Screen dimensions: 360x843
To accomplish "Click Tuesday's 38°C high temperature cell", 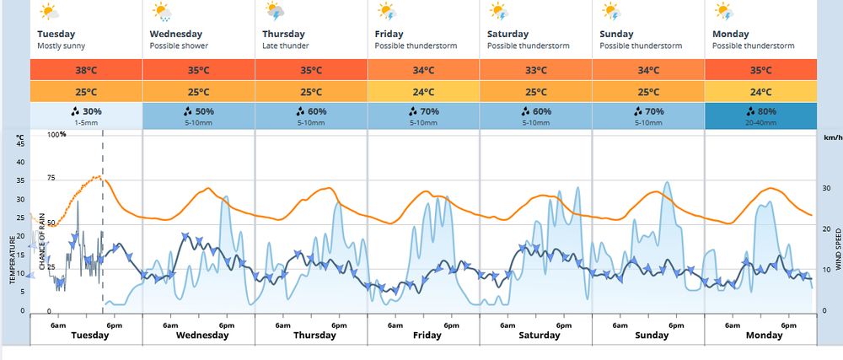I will (x=86, y=70).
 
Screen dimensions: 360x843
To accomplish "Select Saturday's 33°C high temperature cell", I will (x=535, y=70).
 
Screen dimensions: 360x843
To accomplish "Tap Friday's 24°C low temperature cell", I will (x=423, y=92).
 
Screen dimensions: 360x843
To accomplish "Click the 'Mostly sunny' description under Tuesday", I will (x=62, y=45).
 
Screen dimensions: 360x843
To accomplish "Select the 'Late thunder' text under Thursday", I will (x=285, y=45).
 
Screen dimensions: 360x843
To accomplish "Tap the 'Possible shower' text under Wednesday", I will (x=179, y=45).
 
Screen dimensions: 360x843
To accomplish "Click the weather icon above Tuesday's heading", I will (x=48, y=12).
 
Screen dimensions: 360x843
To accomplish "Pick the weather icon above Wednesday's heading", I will (x=160, y=12).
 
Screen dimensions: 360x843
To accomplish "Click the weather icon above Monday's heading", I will (x=722, y=12).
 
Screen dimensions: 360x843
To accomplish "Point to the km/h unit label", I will (x=831, y=136).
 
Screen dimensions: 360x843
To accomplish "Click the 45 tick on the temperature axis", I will (x=20, y=143).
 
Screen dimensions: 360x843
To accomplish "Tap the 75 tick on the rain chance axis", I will (x=51, y=178).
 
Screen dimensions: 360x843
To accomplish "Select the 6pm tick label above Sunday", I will (x=676, y=325).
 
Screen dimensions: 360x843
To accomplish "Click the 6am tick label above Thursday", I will (x=282, y=325).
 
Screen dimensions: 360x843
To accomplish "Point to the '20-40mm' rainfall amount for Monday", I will (x=760, y=124).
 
